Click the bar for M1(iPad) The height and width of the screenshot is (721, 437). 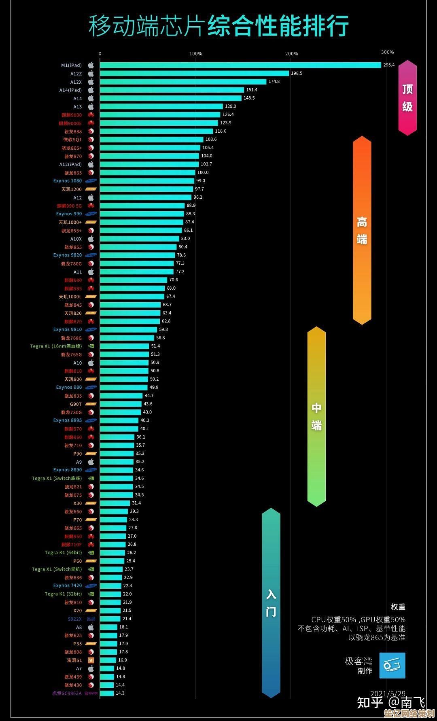pyautogui.click(x=240, y=65)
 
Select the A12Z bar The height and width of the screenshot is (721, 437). pyautogui.click(x=194, y=74)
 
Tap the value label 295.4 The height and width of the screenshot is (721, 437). pyautogui.click(x=389, y=65)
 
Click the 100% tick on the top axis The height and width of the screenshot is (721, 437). pyautogui.click(x=195, y=54)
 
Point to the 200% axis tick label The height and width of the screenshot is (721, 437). pyautogui.click(x=291, y=54)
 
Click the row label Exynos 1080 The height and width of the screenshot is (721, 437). pyautogui.click(x=67, y=181)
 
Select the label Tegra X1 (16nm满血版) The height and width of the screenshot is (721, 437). pyautogui.click(x=56, y=346)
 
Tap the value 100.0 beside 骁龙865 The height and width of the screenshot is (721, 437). pyautogui.click(x=203, y=173)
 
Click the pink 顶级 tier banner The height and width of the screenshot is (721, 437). pyautogui.click(x=407, y=98)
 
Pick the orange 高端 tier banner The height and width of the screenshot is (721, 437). pyautogui.click(x=362, y=231)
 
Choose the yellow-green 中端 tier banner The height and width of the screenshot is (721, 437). pyautogui.click(x=316, y=417)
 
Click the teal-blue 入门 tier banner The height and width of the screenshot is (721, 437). pyautogui.click(x=271, y=603)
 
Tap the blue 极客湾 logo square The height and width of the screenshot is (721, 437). pyautogui.click(x=392, y=665)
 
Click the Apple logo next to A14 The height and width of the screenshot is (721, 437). pyautogui.click(x=91, y=98)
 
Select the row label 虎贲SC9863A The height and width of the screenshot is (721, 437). pyautogui.click(x=67, y=693)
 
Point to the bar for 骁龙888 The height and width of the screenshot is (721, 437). pyautogui.click(x=156, y=131)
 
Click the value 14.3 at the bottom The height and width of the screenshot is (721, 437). pyautogui.click(x=120, y=693)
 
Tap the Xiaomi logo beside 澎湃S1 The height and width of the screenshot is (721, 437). pyautogui.click(x=91, y=660)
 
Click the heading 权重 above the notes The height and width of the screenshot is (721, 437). pyautogui.click(x=398, y=607)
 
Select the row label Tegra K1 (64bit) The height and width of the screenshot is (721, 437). pyautogui.click(x=63, y=553)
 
